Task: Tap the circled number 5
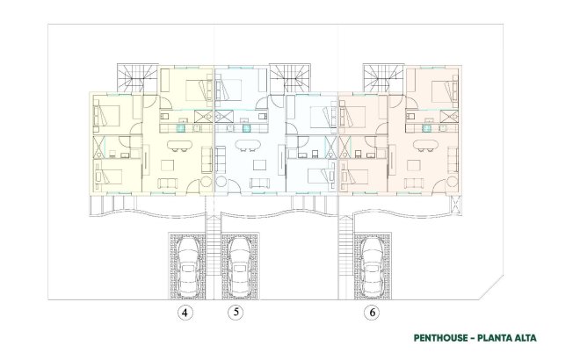pos(235,312)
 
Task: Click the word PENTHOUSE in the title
pos(445,337)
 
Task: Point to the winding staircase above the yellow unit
pos(137,79)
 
